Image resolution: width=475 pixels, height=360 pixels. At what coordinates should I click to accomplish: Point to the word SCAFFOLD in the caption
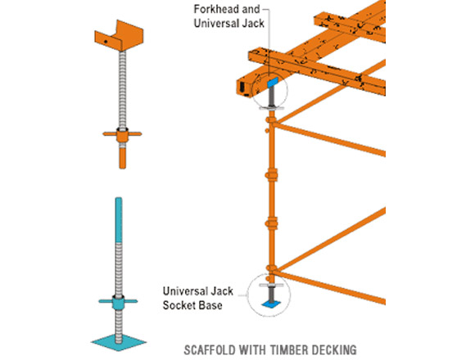click(x=210, y=350)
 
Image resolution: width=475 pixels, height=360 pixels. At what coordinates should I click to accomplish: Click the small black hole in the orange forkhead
click(x=106, y=42)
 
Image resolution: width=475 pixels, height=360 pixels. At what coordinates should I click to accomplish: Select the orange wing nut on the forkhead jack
click(x=122, y=135)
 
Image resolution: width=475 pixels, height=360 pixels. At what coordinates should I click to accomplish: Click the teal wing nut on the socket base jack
click(x=118, y=302)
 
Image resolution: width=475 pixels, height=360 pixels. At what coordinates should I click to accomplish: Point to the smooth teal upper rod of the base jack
click(x=119, y=220)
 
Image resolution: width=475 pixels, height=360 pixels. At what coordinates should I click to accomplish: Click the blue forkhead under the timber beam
click(x=273, y=82)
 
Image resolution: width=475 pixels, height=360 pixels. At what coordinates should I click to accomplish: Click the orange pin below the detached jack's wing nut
click(x=122, y=157)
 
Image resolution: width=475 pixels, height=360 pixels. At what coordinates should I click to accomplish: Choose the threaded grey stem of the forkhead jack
click(x=122, y=90)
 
